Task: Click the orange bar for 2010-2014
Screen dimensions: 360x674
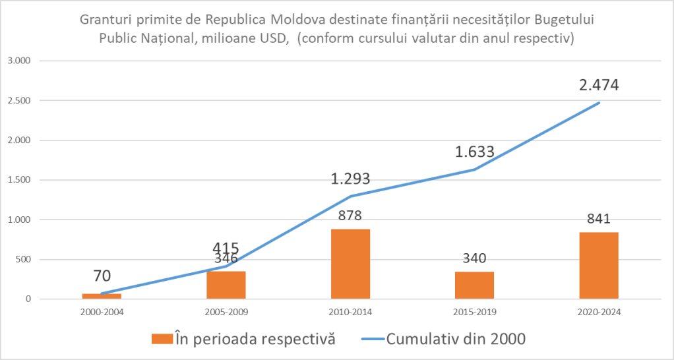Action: point(350,264)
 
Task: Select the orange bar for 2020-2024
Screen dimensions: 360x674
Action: point(599,265)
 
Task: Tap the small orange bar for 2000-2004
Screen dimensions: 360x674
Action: point(102,296)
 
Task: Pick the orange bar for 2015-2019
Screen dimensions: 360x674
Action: point(474,285)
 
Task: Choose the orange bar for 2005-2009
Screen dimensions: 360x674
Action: point(226,285)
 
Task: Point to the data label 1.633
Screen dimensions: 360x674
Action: point(474,152)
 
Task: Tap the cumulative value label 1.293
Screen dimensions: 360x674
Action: point(351,179)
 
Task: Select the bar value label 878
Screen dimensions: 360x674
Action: point(350,215)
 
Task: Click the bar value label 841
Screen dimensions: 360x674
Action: point(599,218)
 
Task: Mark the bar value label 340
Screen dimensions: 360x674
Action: point(474,258)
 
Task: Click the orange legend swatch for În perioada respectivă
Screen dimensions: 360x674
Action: point(161,339)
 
